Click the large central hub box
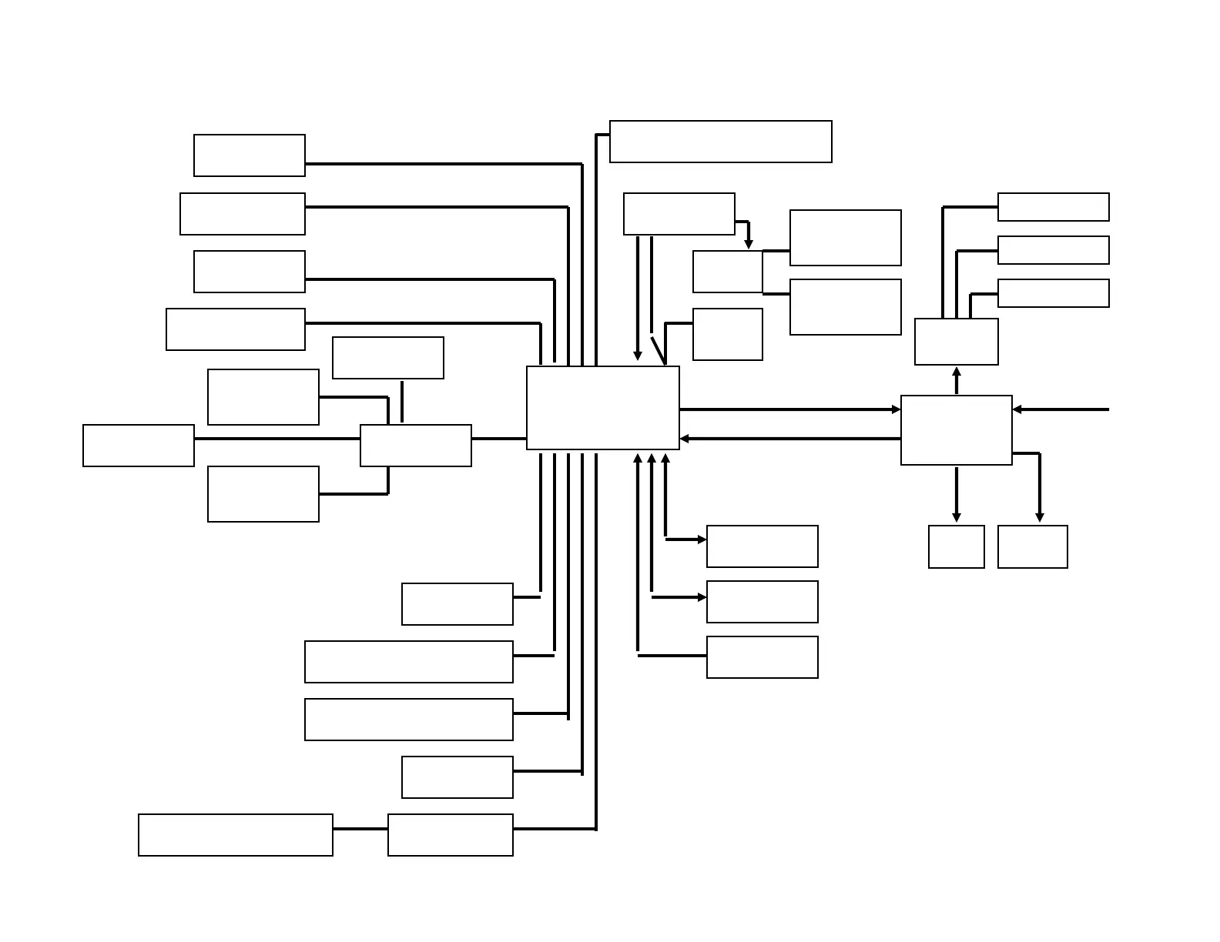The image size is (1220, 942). pos(602,408)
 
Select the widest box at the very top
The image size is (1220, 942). pos(720,142)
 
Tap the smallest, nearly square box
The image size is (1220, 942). pos(956,546)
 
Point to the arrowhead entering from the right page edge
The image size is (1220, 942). pos(1017,409)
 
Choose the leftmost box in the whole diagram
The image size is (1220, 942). pos(139,445)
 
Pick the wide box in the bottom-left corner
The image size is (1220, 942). pos(235,835)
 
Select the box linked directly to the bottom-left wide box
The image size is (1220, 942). pos(450,835)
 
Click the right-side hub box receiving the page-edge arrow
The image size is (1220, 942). pos(956,429)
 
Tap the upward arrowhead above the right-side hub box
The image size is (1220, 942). pos(957,372)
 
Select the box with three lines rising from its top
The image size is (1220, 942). pos(956,342)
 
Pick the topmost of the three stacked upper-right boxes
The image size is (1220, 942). pos(1053,207)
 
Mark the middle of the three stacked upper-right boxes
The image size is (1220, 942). pos(1053,250)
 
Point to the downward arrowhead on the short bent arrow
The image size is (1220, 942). pos(748,245)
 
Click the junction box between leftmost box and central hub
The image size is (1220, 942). pos(415,445)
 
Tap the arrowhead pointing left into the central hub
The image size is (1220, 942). pos(685,439)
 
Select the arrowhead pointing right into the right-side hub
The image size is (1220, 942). pos(896,409)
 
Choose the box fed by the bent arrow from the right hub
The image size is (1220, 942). pos(1032,546)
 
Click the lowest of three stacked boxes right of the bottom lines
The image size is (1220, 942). pos(762,657)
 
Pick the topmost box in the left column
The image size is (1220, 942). pos(249,155)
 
